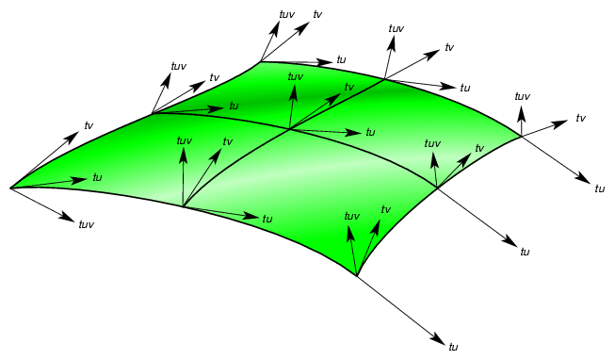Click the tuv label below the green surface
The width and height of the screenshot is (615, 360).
(x=86, y=224)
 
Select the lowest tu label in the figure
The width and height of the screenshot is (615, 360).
(x=454, y=347)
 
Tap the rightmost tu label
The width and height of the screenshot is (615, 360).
(x=599, y=188)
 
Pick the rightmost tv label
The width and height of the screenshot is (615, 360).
(x=581, y=118)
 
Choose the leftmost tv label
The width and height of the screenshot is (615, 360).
(x=89, y=125)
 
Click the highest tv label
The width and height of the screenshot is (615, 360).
(x=317, y=14)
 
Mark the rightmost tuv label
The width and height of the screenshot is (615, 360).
(x=523, y=96)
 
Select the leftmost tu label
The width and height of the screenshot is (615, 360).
(x=97, y=177)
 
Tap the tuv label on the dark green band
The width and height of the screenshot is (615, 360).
(x=295, y=76)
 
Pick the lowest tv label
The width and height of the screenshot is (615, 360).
(x=385, y=209)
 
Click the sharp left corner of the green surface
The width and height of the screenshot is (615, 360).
(x=10, y=188)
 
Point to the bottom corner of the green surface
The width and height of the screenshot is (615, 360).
(x=358, y=276)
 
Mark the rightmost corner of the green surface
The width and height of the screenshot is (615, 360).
(x=521, y=138)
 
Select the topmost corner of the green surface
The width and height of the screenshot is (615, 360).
(x=261, y=63)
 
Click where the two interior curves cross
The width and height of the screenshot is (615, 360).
(x=289, y=129)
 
